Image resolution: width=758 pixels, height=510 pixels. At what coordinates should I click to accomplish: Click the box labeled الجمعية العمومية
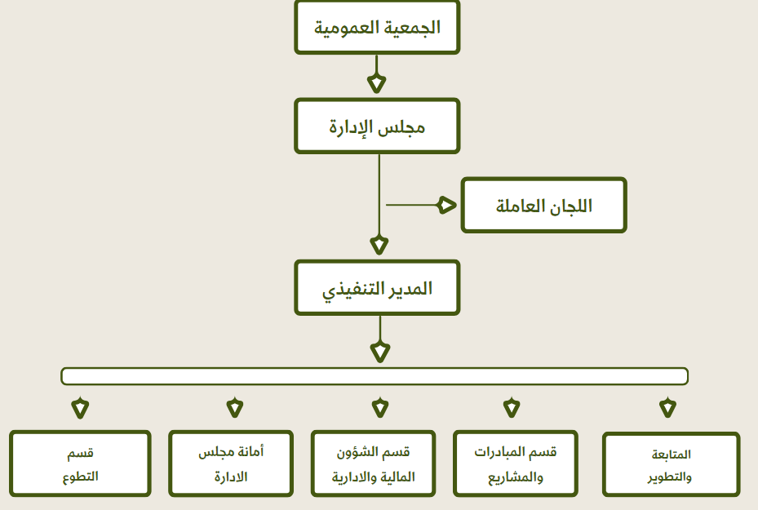coord(377,27)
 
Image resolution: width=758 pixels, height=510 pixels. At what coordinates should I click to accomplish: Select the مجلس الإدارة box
coord(377,126)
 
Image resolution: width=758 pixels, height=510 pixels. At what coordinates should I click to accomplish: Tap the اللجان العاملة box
coord(544,206)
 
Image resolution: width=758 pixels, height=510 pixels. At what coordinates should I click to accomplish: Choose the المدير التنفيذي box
coord(377,288)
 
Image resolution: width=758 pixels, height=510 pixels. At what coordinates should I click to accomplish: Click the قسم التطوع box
coord(80,463)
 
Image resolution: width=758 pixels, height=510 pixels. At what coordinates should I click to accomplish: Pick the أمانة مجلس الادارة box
coord(231,463)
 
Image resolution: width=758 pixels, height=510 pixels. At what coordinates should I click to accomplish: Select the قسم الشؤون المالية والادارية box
coord(373,463)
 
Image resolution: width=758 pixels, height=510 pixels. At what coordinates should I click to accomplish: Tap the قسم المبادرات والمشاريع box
coord(516,463)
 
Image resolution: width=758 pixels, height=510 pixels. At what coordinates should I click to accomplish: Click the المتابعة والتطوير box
coord(671,464)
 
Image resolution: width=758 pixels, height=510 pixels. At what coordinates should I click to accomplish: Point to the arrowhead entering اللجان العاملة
coord(446,205)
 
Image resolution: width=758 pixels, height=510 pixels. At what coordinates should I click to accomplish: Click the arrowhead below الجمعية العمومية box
coord(377,83)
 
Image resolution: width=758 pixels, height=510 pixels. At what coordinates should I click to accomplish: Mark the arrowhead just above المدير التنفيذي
coord(379,245)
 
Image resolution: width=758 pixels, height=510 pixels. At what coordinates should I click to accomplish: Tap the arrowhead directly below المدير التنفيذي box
coord(380,352)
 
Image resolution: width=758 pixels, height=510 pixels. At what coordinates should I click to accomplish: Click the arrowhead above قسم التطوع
coord(80,408)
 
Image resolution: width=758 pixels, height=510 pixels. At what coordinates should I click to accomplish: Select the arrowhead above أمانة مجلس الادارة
coord(235,407)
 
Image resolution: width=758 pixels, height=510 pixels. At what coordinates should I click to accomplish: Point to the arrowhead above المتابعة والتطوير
coord(667,407)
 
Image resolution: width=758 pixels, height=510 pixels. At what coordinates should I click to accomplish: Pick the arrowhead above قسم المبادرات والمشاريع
coord(512,407)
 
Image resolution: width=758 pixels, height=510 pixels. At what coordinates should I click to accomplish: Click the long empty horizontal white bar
coord(375,376)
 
